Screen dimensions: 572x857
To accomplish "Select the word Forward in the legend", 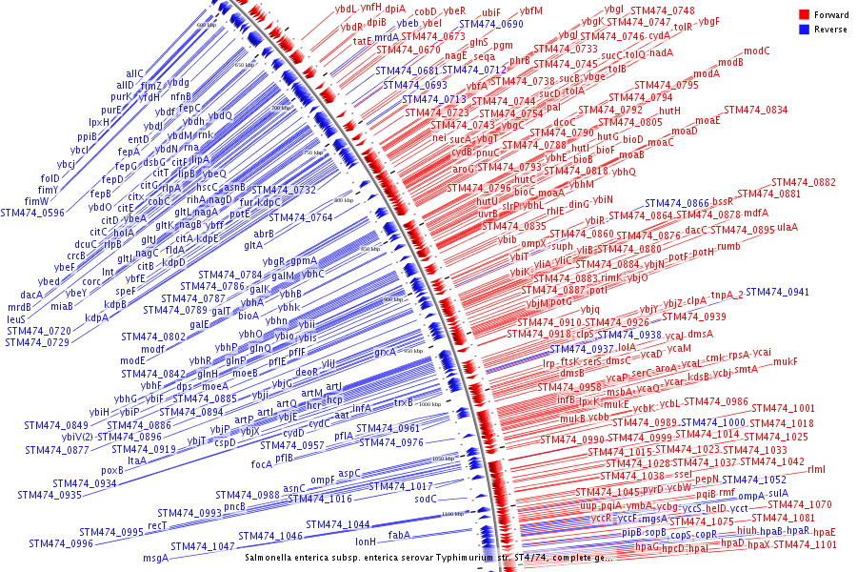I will tap(831, 15).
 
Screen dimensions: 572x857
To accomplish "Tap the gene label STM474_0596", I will tap(32, 213).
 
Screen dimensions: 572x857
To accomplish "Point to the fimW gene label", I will tap(37, 201).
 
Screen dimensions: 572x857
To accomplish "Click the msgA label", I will tap(155, 557).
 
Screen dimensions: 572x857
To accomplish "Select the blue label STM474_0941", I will tap(778, 292).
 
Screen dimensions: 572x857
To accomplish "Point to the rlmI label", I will tap(817, 469).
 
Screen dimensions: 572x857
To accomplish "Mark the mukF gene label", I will tap(786, 361).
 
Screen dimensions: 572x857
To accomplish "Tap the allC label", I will tap(135, 73).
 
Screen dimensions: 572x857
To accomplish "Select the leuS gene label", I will tap(20, 319).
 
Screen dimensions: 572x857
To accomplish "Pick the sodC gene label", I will tap(425, 499).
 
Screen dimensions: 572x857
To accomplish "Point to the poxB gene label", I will tap(112, 469).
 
